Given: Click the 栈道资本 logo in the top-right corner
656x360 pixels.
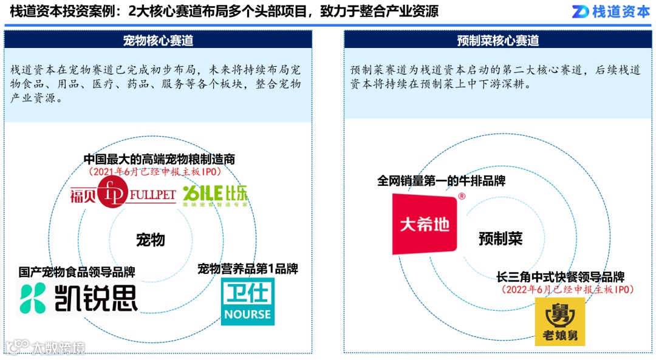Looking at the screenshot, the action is pos(611,12).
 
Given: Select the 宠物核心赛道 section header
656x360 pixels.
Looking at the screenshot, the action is pos(158,40).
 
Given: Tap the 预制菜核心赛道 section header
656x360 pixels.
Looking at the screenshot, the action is pos(497,40).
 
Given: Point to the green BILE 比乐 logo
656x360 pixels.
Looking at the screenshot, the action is pos(207,195).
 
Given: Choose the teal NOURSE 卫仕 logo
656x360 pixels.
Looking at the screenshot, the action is pos(247,301).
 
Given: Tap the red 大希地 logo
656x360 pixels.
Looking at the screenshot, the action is pos(425,224).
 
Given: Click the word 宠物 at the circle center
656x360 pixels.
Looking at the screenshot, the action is pos(150,239).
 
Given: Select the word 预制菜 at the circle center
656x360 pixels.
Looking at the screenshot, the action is pos(500,238).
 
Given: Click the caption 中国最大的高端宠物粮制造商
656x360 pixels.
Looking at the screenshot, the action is pos(159,159).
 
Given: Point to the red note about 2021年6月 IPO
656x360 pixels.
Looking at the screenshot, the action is pos(159,172).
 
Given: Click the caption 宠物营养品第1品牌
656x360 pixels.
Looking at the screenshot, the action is pos(248,268).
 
